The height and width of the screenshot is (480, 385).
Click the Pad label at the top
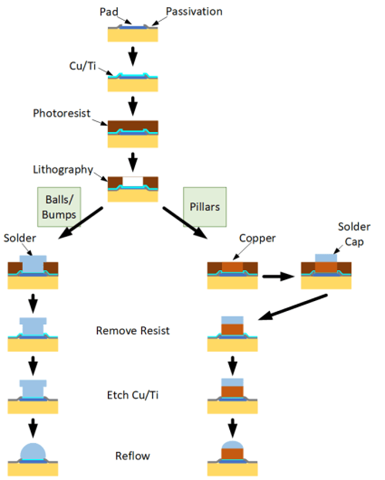[109, 12]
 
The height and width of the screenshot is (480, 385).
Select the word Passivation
[194, 12]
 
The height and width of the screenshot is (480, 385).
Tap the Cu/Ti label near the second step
[82, 66]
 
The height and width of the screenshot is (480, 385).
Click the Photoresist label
[61, 113]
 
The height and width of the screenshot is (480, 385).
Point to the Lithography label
[63, 169]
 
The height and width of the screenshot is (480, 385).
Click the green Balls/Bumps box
[59, 207]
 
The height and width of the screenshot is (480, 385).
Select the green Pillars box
[205, 207]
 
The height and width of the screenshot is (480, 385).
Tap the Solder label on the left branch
[20, 238]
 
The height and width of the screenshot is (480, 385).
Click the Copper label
[257, 238]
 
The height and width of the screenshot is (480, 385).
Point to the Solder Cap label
[354, 234]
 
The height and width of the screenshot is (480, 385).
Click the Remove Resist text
[133, 331]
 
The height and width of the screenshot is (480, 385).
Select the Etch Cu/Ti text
[133, 395]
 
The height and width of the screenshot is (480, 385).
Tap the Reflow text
[133, 456]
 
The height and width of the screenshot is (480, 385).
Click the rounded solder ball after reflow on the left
[33, 451]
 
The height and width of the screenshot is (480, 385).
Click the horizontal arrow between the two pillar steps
[278, 276]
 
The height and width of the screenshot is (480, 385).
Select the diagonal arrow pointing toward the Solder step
[80, 223]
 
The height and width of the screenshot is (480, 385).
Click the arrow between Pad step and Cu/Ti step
[133, 56]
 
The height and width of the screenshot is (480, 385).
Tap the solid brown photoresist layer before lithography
[133, 126]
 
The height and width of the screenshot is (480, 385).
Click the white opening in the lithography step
[133, 181]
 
